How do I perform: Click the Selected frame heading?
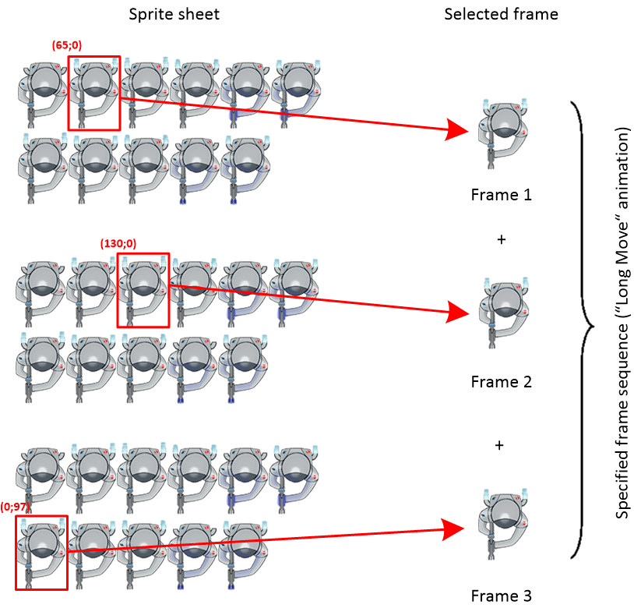point(501,14)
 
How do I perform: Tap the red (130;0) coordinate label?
point(118,244)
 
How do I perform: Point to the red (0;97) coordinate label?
point(17,507)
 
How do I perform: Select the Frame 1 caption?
point(501,194)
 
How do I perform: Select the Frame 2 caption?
point(501,382)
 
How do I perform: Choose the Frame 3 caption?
point(501,596)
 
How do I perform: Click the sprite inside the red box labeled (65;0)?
point(93,92)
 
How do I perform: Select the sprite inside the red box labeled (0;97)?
point(41,552)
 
